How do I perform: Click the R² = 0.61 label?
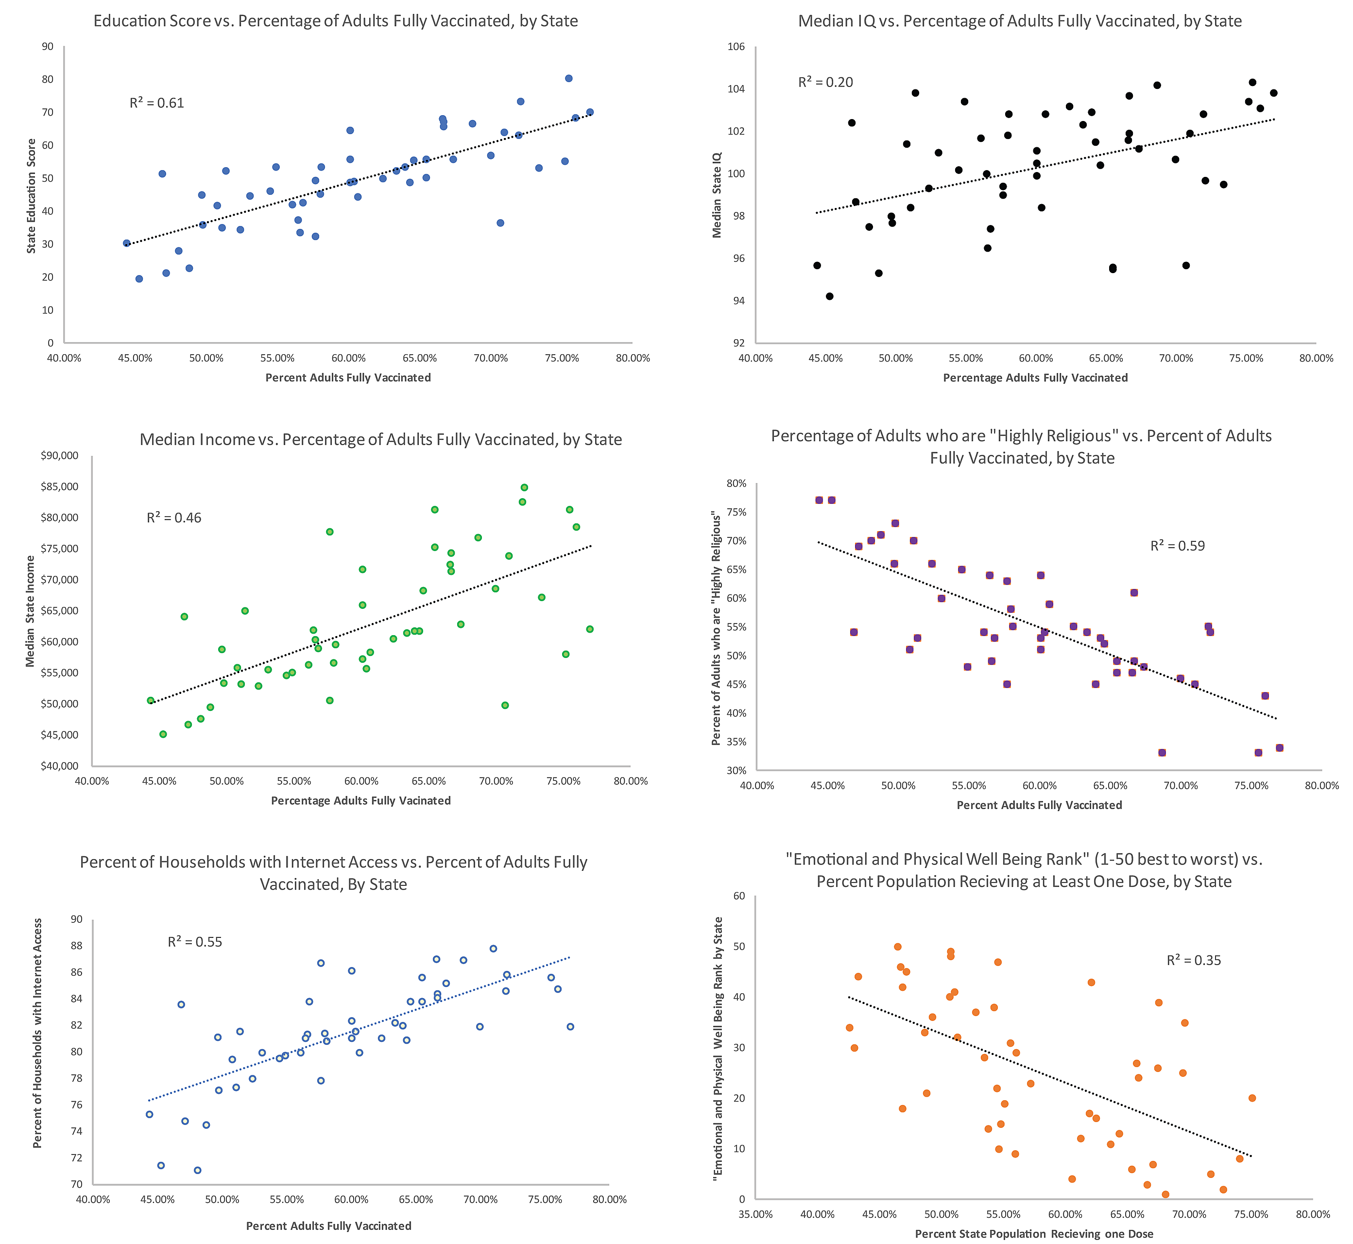[157, 103]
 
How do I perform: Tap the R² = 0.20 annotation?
[825, 82]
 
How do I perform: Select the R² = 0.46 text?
[173, 518]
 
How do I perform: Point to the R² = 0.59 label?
[1177, 546]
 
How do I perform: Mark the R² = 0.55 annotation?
[194, 942]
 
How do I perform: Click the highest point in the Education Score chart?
[568, 79]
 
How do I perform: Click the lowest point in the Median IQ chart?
[829, 296]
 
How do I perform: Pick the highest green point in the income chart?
[524, 487]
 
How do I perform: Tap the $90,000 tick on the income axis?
[59, 456]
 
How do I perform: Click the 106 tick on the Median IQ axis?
[736, 47]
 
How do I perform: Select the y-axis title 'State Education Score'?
[32, 196]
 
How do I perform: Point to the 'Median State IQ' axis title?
[717, 194]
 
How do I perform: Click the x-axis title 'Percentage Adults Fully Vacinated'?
[361, 800]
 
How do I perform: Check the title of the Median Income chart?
[380, 440]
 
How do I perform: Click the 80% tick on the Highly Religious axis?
[736, 484]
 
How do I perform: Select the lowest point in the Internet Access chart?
[197, 1170]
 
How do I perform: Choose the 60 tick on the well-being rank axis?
[739, 896]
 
